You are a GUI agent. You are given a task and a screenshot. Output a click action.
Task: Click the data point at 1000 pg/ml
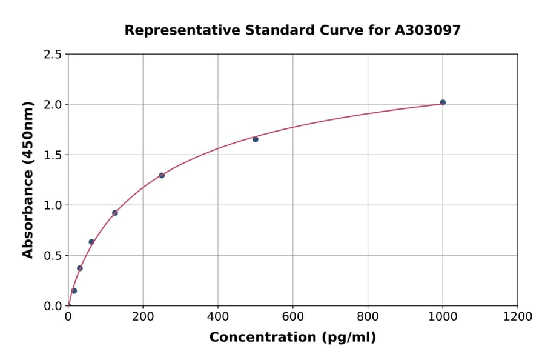443,102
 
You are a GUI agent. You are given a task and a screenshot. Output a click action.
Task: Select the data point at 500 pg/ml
256,139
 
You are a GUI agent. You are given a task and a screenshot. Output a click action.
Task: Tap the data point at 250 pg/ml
162,175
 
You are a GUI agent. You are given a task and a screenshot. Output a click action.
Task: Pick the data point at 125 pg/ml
115,213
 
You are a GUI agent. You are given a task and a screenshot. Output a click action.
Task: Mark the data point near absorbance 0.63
91,242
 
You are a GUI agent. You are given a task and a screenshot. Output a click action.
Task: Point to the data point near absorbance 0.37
80,268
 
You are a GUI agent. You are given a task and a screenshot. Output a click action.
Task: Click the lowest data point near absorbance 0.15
74,291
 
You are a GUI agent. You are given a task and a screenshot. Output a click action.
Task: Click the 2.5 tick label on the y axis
53,55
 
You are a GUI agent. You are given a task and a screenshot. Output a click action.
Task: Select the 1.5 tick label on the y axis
53,155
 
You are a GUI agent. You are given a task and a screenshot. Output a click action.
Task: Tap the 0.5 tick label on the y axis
53,256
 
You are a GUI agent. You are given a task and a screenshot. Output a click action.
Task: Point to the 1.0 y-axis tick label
53,205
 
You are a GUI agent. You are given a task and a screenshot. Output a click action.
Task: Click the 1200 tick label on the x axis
517,316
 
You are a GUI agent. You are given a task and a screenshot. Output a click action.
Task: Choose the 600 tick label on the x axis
292,316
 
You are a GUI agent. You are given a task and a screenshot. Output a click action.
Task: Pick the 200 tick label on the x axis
143,316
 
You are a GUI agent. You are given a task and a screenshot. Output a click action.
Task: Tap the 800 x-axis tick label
368,316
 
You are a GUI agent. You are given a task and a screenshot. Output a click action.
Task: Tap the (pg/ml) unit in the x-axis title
349,338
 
